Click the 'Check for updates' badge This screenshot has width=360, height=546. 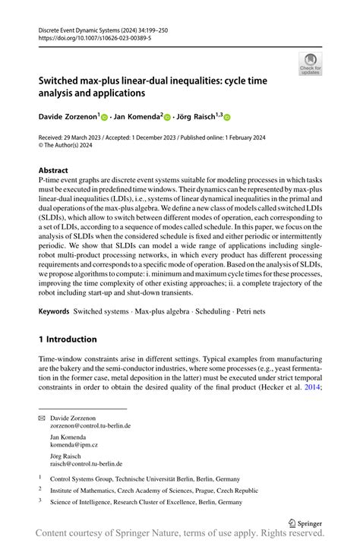click(x=310, y=63)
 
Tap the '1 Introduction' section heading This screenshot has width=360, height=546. click(x=68, y=339)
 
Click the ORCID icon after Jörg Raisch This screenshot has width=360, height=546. click(x=226, y=118)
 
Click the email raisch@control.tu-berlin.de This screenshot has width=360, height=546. click(x=86, y=463)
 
